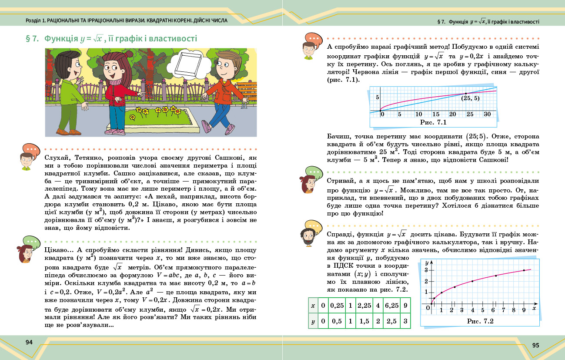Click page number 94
29,342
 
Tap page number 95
535,345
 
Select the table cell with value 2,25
364,306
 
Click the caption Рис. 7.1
433,122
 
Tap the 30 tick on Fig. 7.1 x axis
487,114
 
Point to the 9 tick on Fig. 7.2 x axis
524,310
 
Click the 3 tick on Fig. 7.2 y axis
427,270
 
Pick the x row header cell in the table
313,306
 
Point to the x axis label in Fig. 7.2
534,308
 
